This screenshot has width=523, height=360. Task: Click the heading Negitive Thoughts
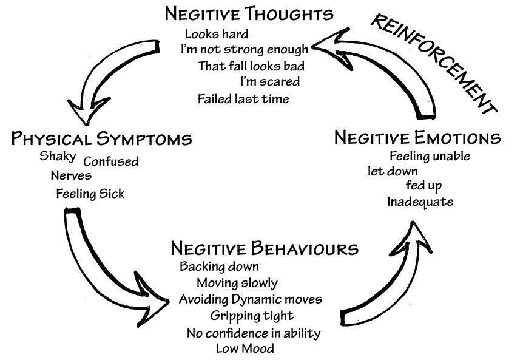tap(249, 14)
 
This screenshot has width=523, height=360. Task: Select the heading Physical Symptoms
tap(102, 138)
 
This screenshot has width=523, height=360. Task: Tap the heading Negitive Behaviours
tap(264, 248)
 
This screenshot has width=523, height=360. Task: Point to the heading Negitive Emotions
tap(417, 137)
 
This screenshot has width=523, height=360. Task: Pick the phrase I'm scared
tap(269, 81)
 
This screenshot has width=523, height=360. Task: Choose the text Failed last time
tap(243, 98)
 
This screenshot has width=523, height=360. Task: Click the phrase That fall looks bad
tap(251, 66)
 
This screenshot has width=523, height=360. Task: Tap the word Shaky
tap(58, 156)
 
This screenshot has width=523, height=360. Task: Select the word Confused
tap(110, 161)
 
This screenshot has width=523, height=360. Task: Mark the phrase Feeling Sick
tap(90, 194)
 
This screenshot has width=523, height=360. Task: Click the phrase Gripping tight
tap(252, 316)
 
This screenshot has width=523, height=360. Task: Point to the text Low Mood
tap(245, 348)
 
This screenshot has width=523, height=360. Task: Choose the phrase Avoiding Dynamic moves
tap(250, 299)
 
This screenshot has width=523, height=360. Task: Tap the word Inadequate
tap(420, 202)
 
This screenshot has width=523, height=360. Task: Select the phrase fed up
tap(423, 185)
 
